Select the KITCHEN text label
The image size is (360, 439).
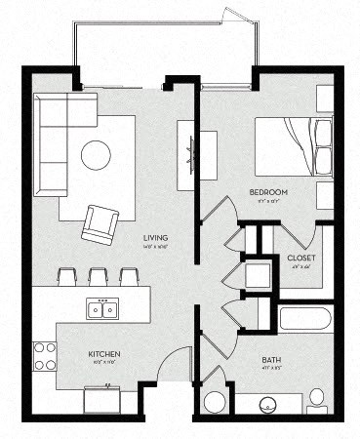(x=105, y=354)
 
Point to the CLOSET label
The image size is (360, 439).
(x=300, y=258)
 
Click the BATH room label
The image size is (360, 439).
(x=271, y=360)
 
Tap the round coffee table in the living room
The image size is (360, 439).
(x=96, y=154)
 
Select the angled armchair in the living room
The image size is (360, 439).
(x=100, y=223)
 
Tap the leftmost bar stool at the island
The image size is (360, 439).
(x=67, y=275)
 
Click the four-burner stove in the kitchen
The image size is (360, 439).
(x=45, y=356)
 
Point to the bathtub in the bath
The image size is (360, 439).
(x=305, y=319)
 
